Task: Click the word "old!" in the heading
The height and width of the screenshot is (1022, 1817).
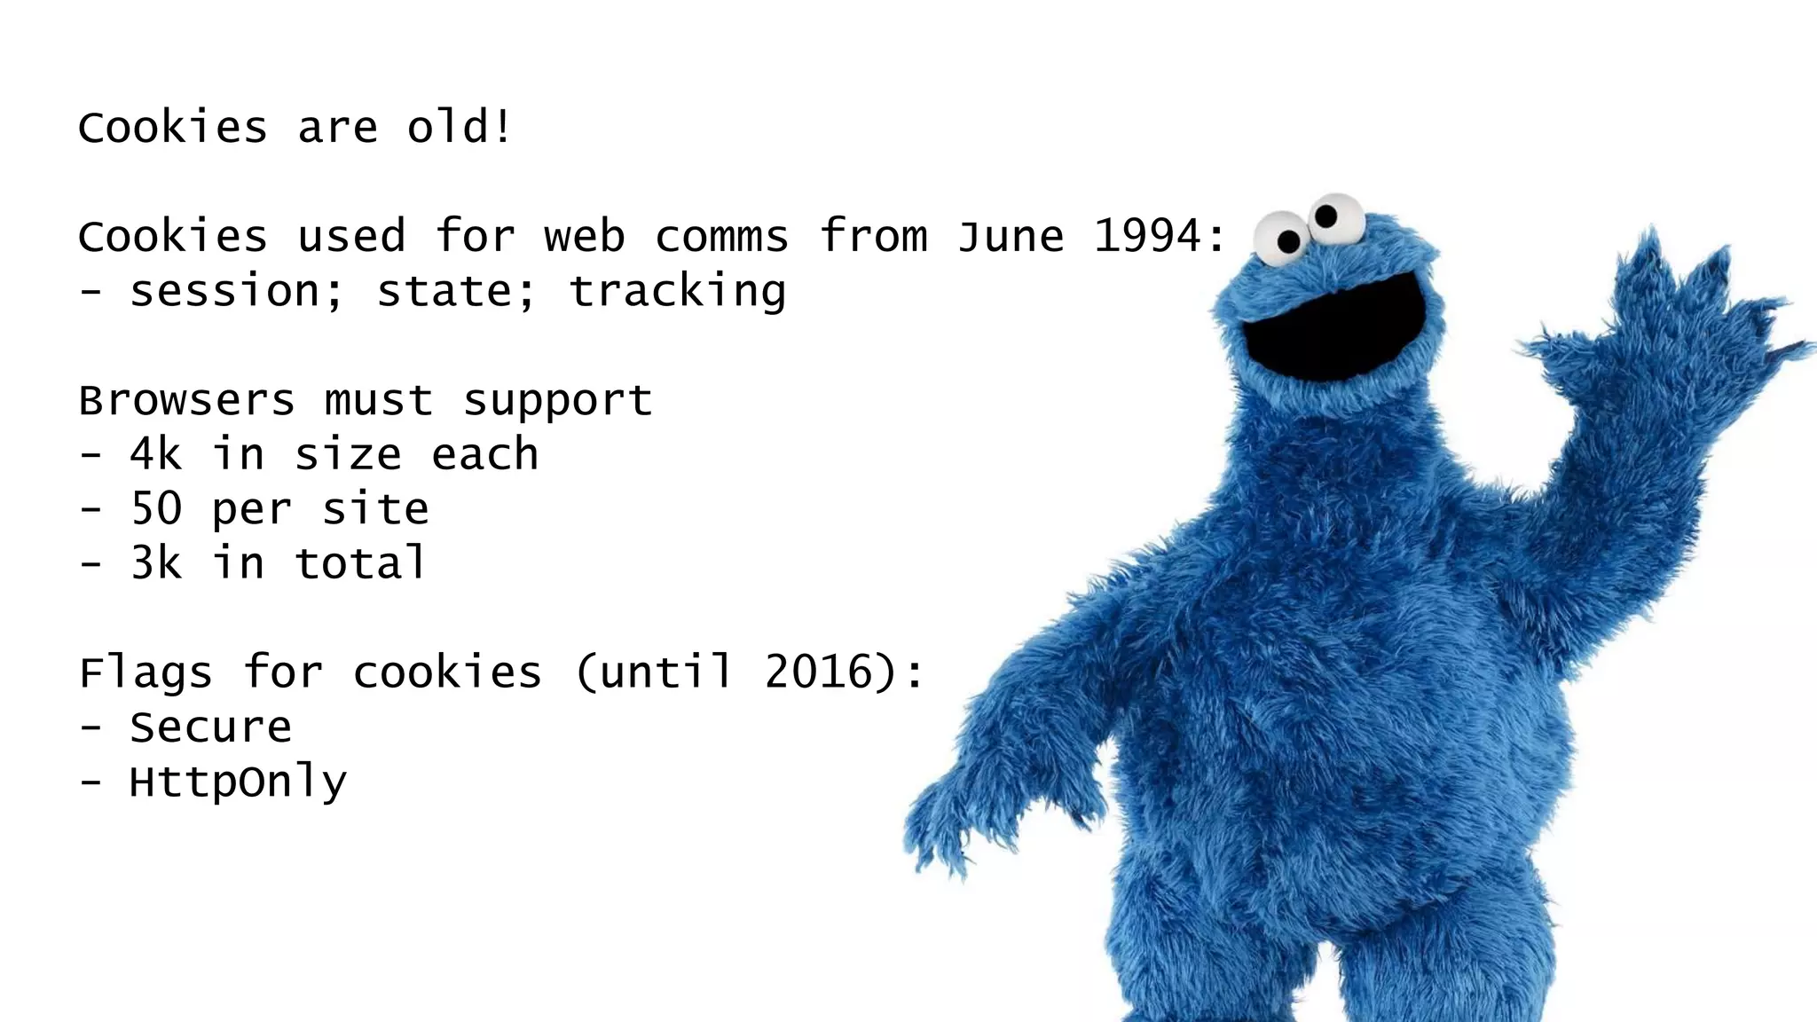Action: pos(459,128)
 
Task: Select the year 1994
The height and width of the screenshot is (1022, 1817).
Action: pos(1149,237)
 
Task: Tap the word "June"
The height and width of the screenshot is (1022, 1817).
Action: pos(1011,237)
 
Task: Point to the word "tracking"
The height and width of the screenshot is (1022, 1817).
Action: pos(677,292)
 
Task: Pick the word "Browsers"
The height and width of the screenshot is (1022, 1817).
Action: pos(186,401)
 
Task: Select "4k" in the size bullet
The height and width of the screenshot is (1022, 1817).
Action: pos(156,455)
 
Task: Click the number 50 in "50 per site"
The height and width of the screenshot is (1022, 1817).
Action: pos(156,510)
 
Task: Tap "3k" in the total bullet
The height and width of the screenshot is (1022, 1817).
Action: pos(156,564)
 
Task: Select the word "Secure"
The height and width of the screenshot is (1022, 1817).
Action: pos(210,728)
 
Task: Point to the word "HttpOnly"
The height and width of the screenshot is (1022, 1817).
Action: pos(238,782)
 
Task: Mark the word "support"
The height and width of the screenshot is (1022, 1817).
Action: pos(558,401)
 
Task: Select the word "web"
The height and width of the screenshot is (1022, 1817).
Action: pos(585,237)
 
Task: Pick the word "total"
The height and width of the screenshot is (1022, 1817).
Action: pos(361,564)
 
